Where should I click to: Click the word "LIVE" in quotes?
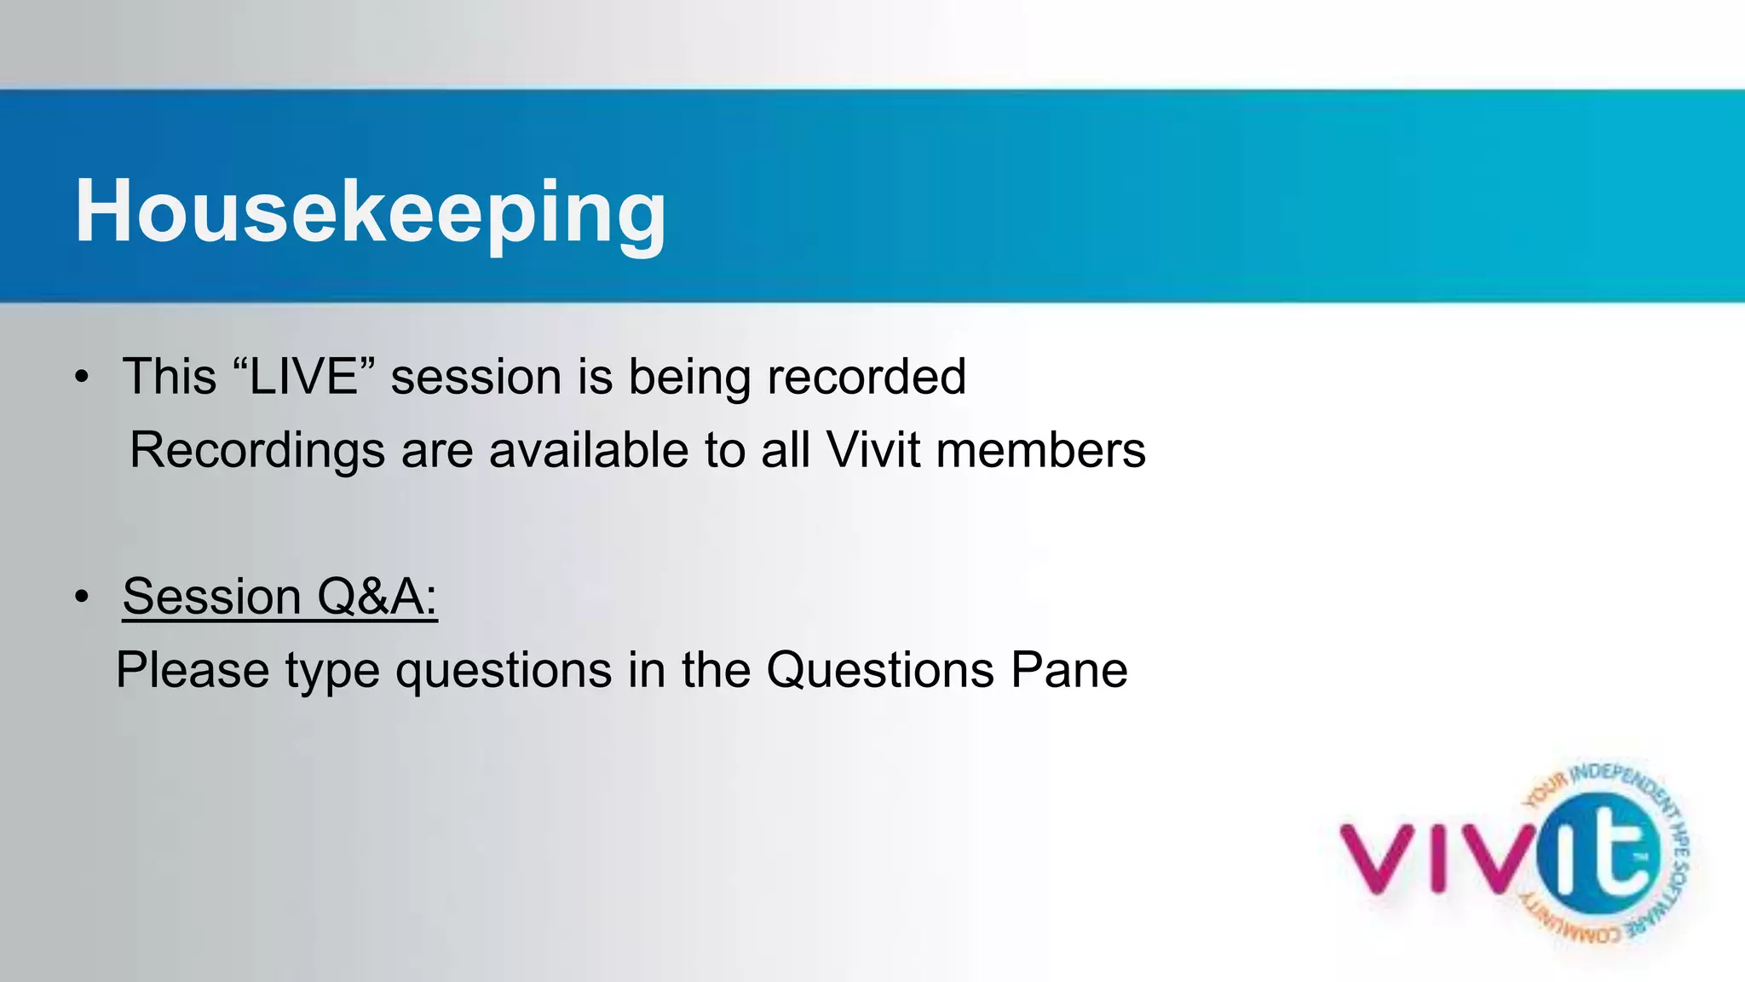[302, 377]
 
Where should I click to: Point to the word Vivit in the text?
[873, 450]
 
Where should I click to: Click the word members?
[1040, 450]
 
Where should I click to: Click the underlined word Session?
[211, 597]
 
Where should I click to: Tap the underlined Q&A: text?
[377, 597]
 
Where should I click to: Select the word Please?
[193, 670]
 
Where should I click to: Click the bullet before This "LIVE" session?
[81, 378]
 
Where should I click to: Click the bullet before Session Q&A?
[81, 597]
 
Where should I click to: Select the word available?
[588, 450]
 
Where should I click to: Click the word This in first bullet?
[170, 377]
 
